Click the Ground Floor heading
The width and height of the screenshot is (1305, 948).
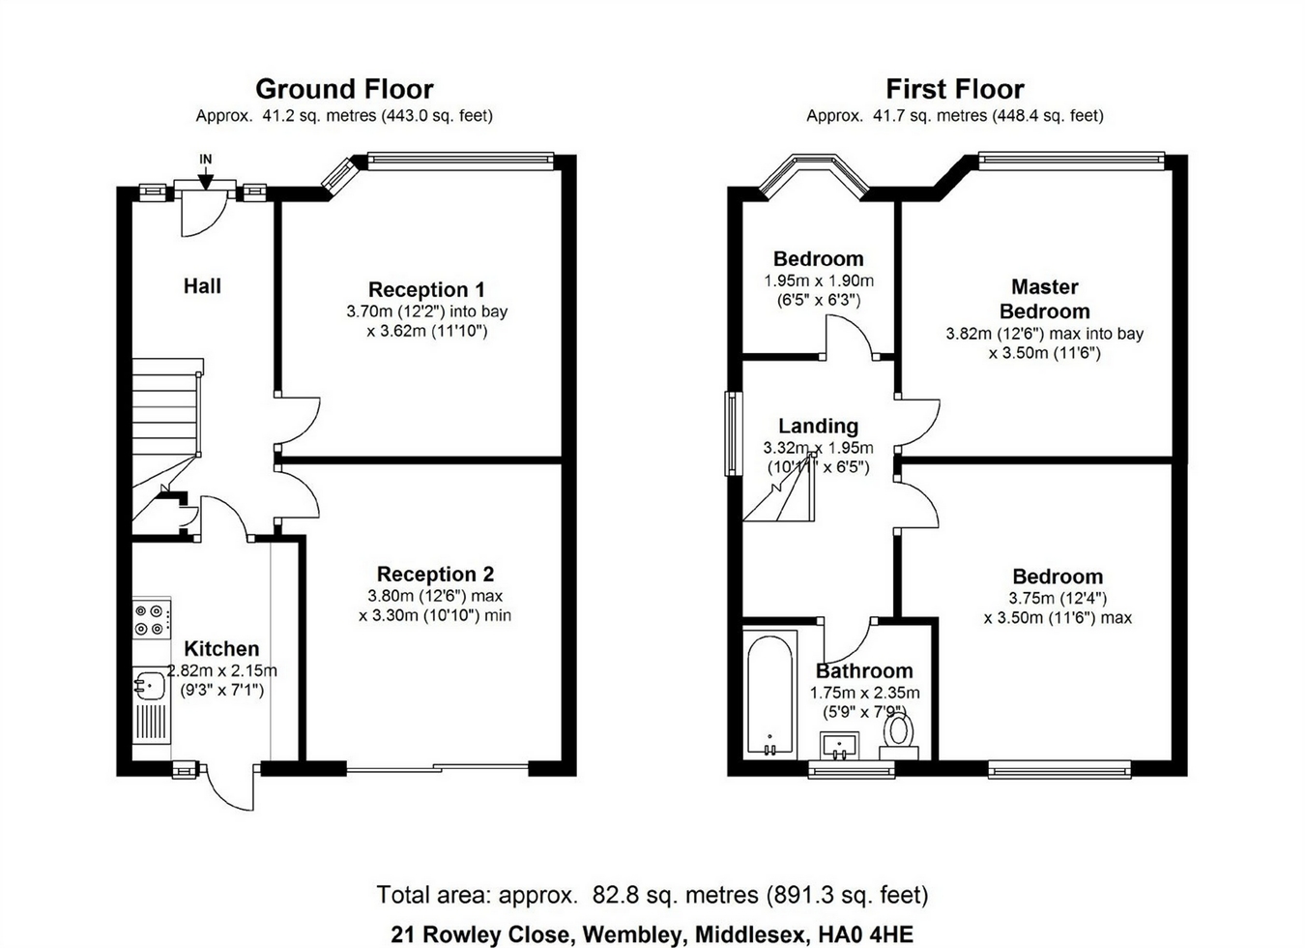tap(344, 89)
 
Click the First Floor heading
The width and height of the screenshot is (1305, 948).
tap(955, 89)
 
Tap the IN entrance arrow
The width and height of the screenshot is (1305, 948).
tap(206, 177)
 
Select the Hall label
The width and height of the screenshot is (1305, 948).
tap(202, 285)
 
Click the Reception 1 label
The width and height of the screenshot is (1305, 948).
tap(426, 289)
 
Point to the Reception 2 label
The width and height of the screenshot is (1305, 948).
tap(435, 574)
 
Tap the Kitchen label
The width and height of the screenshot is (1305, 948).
tap(221, 648)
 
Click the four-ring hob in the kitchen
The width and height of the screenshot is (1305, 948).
tap(152, 620)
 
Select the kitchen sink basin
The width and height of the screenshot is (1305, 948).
tap(149, 685)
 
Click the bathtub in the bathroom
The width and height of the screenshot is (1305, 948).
tap(770, 695)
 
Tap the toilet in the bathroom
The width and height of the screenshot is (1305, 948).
tap(899, 737)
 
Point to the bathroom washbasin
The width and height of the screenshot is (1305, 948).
tap(839, 746)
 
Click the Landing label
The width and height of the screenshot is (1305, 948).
tap(818, 426)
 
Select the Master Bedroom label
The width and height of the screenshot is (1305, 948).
tap(1045, 299)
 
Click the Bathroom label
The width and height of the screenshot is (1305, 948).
tap(864, 670)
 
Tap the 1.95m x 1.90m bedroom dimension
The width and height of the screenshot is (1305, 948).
tap(819, 281)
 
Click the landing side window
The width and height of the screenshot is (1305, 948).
tap(734, 433)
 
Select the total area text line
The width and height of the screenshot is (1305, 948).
tap(652, 894)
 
